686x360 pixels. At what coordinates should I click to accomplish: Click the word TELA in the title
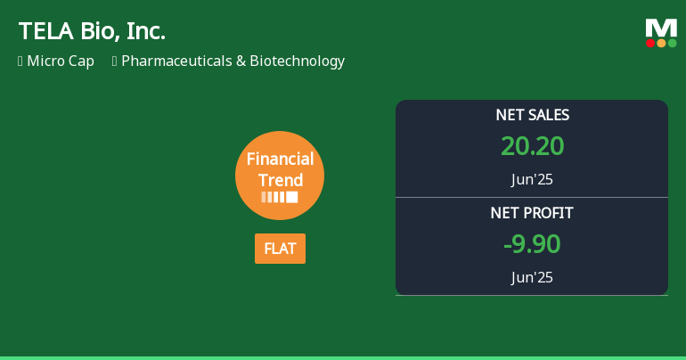[x=43, y=31]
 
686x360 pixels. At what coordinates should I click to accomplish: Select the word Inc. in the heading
[x=145, y=31]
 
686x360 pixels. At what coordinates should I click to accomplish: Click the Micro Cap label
[x=61, y=61]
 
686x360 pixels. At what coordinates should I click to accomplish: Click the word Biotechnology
[x=297, y=61]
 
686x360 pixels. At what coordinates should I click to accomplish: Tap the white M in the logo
[x=661, y=28]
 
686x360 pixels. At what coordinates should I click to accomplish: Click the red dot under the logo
[x=650, y=43]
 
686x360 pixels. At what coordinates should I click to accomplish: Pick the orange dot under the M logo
[x=661, y=43]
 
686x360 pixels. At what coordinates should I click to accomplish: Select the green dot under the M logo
[x=672, y=43]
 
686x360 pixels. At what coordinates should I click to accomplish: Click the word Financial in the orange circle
[x=280, y=160]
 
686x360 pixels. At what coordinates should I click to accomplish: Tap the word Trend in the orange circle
[x=281, y=180]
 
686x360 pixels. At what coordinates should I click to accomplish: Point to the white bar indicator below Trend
[x=280, y=197]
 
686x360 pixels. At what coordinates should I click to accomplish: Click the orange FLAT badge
[x=280, y=249]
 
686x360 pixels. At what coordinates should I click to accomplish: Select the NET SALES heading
[x=532, y=115]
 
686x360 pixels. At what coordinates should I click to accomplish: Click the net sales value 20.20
[x=532, y=146]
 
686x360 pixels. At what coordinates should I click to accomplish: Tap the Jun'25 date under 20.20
[x=532, y=179]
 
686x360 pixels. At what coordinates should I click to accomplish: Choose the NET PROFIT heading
[x=532, y=213]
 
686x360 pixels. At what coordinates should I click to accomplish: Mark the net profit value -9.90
[x=532, y=244]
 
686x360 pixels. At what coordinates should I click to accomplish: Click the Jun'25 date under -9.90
[x=532, y=277]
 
